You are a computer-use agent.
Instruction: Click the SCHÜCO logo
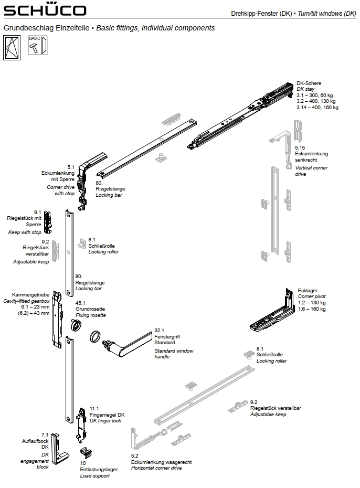point(45,10)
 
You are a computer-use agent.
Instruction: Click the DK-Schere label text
point(309,83)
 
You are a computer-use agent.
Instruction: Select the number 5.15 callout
point(300,148)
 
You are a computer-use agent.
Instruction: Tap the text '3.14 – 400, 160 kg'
point(317,108)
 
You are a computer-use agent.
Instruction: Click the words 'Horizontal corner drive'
point(156,468)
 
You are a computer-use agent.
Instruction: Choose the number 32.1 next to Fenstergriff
point(160,331)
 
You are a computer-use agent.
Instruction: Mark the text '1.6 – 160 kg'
point(312,309)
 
